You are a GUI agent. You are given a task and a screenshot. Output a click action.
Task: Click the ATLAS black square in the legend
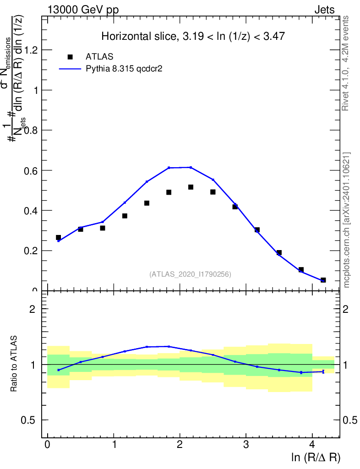pyautogui.click(x=70, y=57)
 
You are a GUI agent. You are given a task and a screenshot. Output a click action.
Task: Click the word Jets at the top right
pyautogui.click(x=324, y=10)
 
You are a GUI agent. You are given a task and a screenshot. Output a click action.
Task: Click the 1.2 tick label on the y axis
pyautogui.click(x=29, y=50)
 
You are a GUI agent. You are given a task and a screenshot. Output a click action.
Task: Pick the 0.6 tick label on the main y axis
pyautogui.click(x=29, y=170)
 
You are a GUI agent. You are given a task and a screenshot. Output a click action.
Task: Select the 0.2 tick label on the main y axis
pyautogui.click(x=29, y=251)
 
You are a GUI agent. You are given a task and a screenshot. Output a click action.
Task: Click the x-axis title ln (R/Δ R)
pyautogui.click(x=316, y=457)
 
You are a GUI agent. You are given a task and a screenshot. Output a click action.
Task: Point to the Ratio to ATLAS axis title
pyautogui.click(x=15, y=365)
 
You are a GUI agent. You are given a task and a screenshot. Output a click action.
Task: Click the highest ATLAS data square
pyautogui.click(x=191, y=187)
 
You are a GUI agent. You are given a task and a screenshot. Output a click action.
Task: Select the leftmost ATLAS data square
pyautogui.click(x=59, y=237)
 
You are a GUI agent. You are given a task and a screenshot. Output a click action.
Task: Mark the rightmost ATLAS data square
pyautogui.click(x=323, y=280)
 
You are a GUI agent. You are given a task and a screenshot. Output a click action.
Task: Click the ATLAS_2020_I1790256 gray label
pyautogui.click(x=190, y=274)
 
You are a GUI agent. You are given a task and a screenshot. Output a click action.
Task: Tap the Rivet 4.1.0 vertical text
pyautogui.click(x=346, y=63)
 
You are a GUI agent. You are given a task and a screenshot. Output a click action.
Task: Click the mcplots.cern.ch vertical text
pyautogui.click(x=347, y=220)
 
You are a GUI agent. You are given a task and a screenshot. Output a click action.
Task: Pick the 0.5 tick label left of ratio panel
pyautogui.click(x=29, y=420)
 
